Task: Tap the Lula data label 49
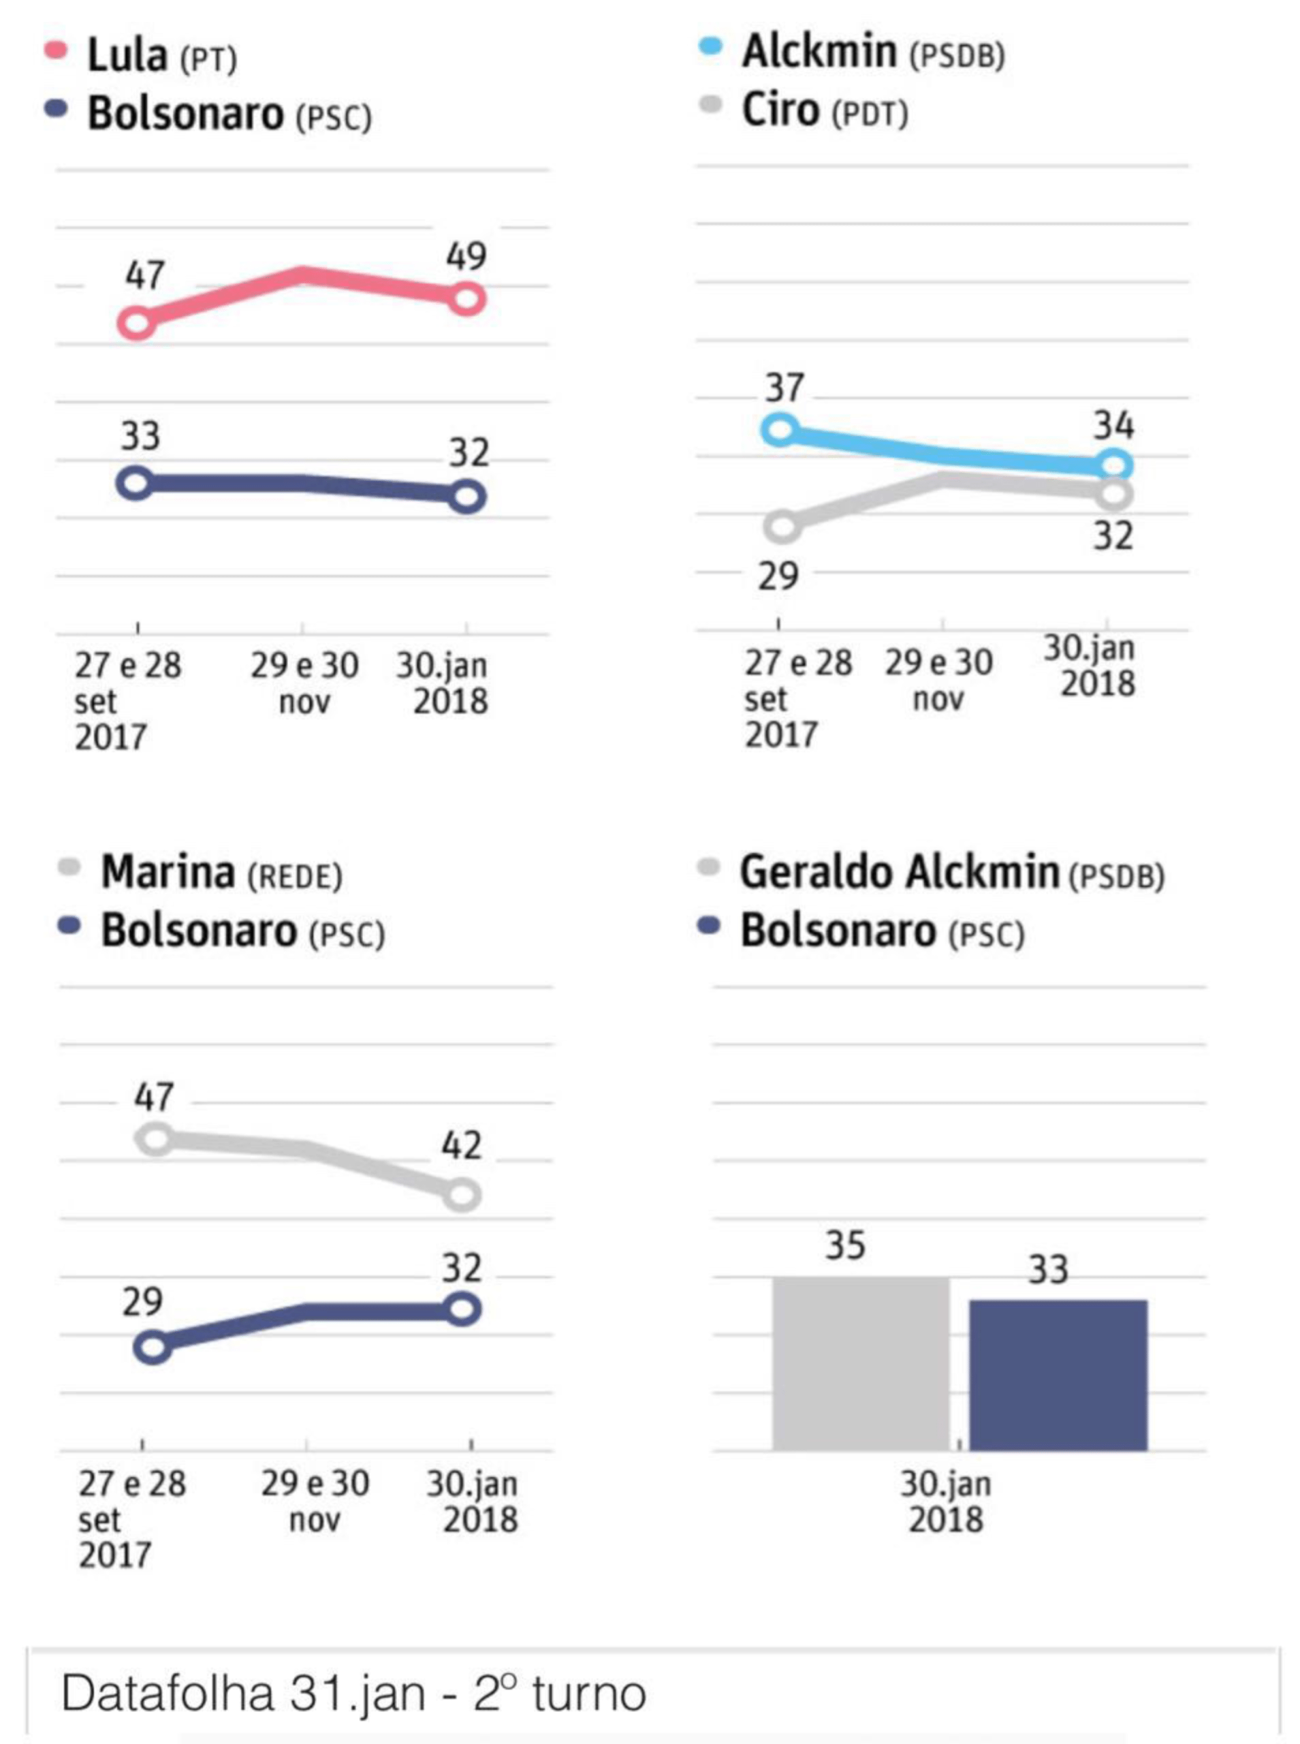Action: pos(466,255)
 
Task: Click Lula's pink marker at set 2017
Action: pos(136,323)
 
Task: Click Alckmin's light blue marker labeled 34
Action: pos(1114,465)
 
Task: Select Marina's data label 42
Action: pos(461,1145)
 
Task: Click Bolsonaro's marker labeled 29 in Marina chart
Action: pos(153,1347)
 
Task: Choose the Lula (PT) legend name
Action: pos(161,56)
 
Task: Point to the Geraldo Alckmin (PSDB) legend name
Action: pos(951,873)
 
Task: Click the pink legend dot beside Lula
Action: pos(56,51)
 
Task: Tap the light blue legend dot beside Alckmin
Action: pos(710,48)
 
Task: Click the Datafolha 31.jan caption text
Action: pos(353,1694)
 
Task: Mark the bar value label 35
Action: pos(845,1245)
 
